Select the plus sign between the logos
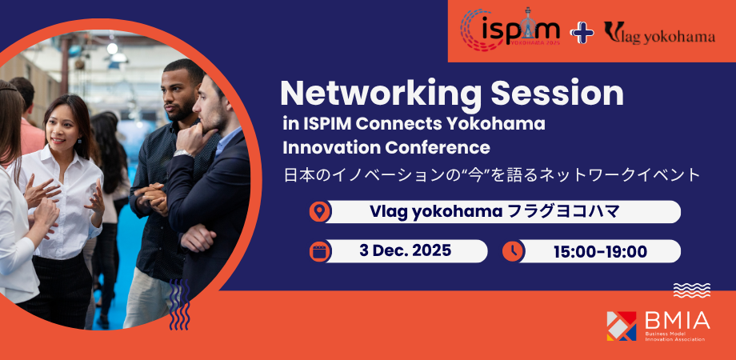(582, 32)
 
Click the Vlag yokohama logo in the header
(659, 33)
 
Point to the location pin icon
(320, 212)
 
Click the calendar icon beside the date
(320, 251)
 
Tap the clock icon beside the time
(513, 251)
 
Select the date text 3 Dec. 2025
(405, 250)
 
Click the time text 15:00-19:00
(600, 251)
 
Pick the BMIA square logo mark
(622, 326)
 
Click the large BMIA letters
(677, 320)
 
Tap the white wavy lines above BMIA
(692, 290)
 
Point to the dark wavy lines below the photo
(179, 305)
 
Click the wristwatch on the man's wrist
(181, 153)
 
